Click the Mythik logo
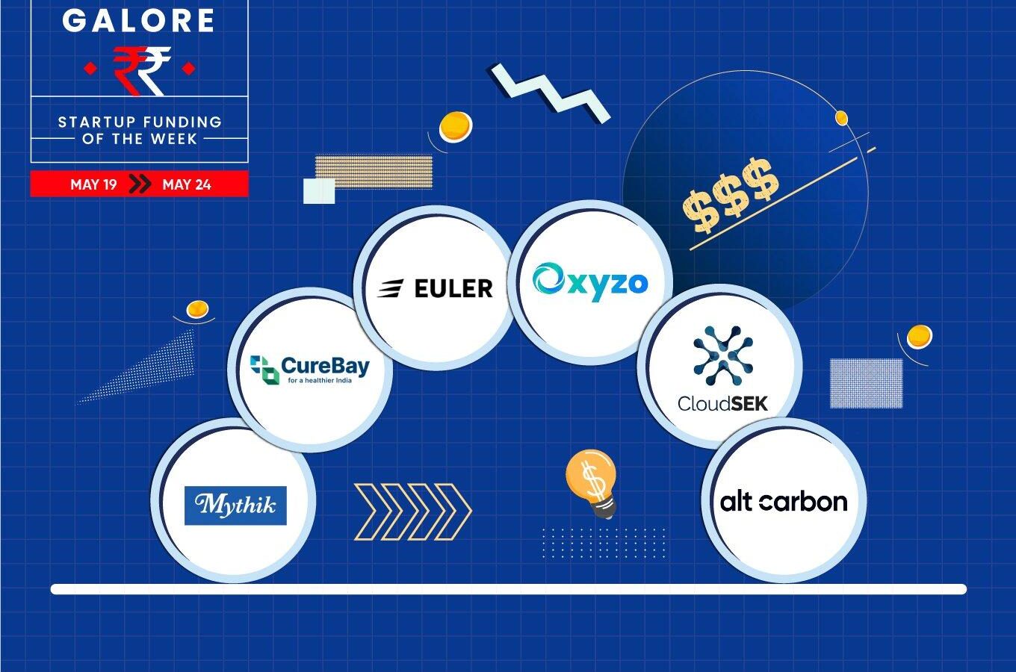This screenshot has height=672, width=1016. [x=235, y=505]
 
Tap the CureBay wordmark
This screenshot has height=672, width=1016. [x=325, y=366]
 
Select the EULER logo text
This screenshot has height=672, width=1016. [x=453, y=288]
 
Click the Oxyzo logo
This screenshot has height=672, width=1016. [x=590, y=281]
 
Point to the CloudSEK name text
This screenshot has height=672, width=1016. [x=722, y=403]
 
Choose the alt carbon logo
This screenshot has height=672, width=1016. [x=784, y=502]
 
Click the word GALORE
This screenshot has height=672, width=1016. [x=138, y=20]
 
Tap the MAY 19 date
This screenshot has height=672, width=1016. [x=93, y=184]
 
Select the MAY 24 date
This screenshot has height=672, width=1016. [x=187, y=184]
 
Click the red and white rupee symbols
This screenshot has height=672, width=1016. [x=141, y=70]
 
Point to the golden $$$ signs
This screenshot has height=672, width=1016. [x=731, y=196]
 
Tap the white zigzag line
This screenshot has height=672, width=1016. [x=550, y=93]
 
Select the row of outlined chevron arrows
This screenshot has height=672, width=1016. [x=412, y=512]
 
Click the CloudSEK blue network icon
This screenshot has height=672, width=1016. [x=723, y=355]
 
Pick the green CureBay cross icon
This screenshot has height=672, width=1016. [x=264, y=370]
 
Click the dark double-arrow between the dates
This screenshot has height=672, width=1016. [x=140, y=184]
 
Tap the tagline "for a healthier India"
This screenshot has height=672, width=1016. [x=320, y=381]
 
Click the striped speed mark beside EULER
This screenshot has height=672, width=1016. [x=391, y=288]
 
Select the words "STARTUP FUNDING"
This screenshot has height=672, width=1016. [x=140, y=122]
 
